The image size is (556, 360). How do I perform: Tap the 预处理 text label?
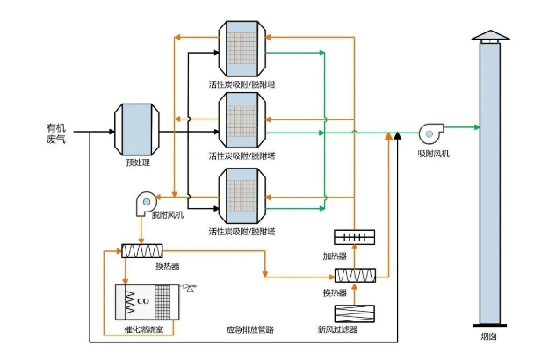pos(134,162)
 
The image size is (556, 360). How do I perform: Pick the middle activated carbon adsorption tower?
pos(241,119)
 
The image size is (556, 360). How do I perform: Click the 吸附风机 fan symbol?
pos(432,132)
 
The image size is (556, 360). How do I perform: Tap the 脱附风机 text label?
pos(168,215)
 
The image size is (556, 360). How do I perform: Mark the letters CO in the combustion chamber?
pos(142,301)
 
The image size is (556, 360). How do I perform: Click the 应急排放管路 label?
pos(249,331)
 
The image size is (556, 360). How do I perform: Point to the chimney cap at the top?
pos(489,35)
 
